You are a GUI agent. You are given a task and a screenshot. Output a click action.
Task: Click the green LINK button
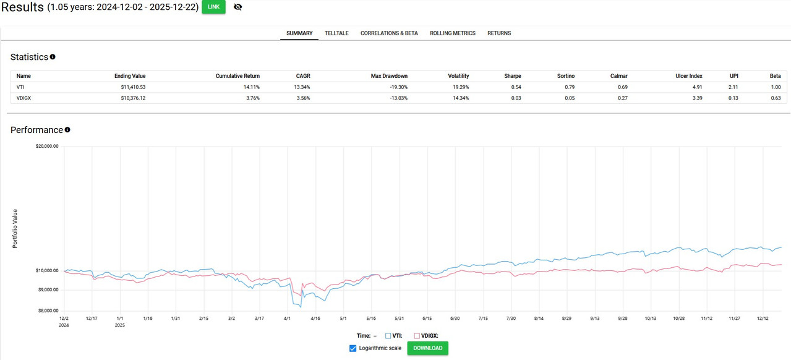213,7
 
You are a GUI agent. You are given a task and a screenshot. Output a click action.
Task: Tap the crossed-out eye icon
237,7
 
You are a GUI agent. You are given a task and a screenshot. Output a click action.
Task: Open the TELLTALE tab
336,33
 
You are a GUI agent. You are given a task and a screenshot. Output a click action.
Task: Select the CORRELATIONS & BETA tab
389,33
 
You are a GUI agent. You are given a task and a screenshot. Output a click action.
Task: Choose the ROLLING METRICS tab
453,33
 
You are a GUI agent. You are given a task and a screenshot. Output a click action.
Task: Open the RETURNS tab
499,33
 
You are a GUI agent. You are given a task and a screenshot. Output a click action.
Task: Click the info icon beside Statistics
53,57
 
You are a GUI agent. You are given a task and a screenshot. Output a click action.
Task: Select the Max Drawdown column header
389,76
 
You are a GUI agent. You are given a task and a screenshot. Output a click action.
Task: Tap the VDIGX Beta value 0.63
776,98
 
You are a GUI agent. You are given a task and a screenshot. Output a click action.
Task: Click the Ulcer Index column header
689,76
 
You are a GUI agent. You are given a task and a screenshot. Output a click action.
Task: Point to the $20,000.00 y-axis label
47,147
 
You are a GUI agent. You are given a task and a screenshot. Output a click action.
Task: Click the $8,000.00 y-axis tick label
48,311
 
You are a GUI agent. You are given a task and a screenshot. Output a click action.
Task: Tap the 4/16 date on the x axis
315,319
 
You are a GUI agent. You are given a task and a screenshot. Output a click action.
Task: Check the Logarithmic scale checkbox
353,348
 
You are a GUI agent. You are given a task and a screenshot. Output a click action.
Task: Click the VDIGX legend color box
417,336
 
